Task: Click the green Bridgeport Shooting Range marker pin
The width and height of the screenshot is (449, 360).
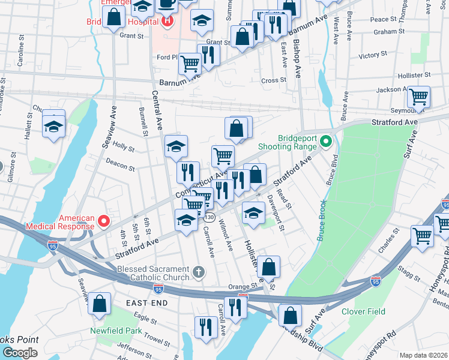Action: click(x=326, y=142)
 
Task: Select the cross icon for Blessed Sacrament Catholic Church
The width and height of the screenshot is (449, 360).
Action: click(x=199, y=273)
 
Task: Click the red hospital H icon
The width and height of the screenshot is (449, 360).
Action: click(x=167, y=23)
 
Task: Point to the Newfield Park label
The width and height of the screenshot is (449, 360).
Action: click(x=116, y=331)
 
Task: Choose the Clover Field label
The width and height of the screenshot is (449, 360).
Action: click(x=363, y=311)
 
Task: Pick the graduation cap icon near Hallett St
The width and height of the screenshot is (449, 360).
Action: click(x=53, y=127)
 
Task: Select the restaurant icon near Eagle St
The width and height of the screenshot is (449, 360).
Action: click(x=206, y=327)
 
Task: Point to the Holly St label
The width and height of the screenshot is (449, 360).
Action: click(x=123, y=146)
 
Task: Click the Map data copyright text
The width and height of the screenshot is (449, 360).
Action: click(x=424, y=355)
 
